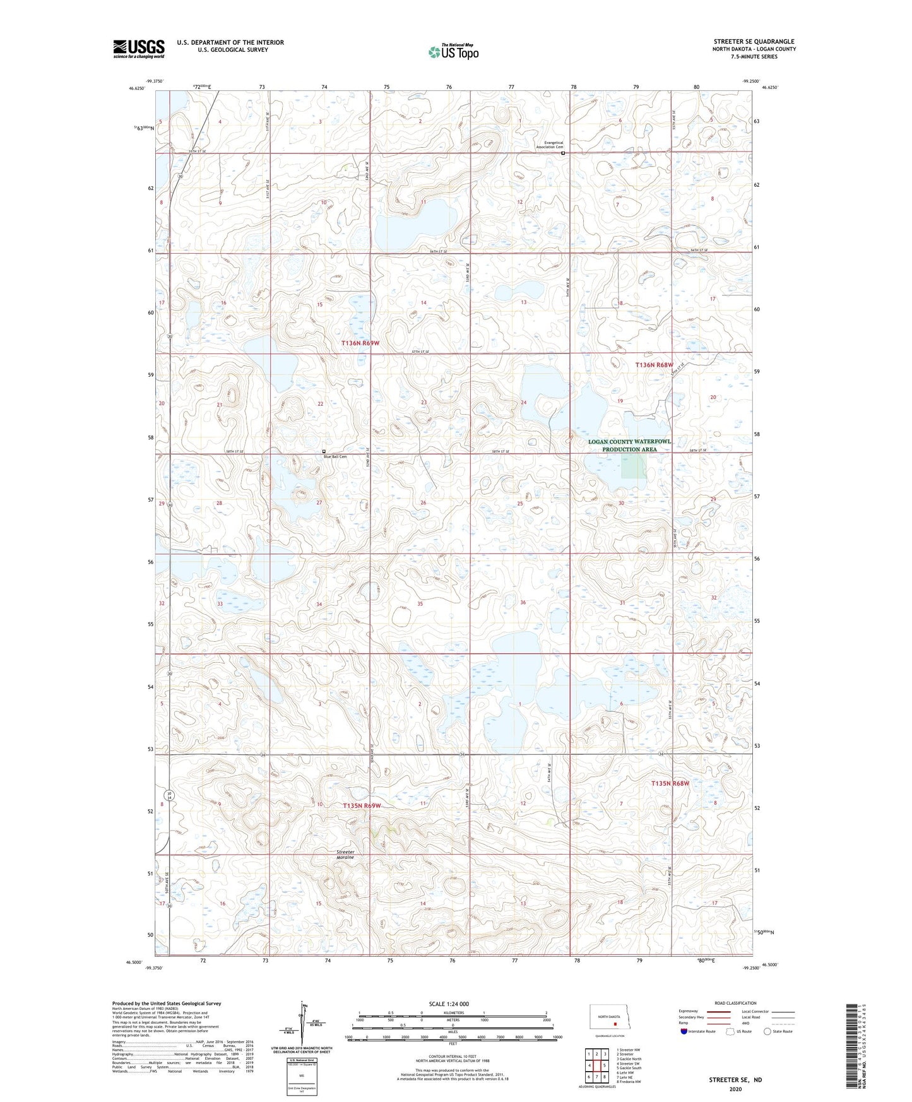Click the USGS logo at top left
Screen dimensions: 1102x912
[139, 49]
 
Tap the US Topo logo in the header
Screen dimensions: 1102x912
[453, 52]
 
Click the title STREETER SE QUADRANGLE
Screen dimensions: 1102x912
[754, 42]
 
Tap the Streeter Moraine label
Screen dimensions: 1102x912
[345, 855]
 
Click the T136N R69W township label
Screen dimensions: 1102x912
[360, 343]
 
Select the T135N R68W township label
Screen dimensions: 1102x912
[670, 783]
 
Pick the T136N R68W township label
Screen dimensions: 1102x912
[654, 365]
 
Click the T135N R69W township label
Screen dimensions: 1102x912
[362, 805]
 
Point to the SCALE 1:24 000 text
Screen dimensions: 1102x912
[449, 1004]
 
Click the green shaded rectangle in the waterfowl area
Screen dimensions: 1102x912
[634, 466]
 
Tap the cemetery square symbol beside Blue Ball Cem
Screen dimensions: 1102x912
[324, 451]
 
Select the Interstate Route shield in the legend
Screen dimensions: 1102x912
[685, 1031]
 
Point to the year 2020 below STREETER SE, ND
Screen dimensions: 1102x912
[735, 1089]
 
